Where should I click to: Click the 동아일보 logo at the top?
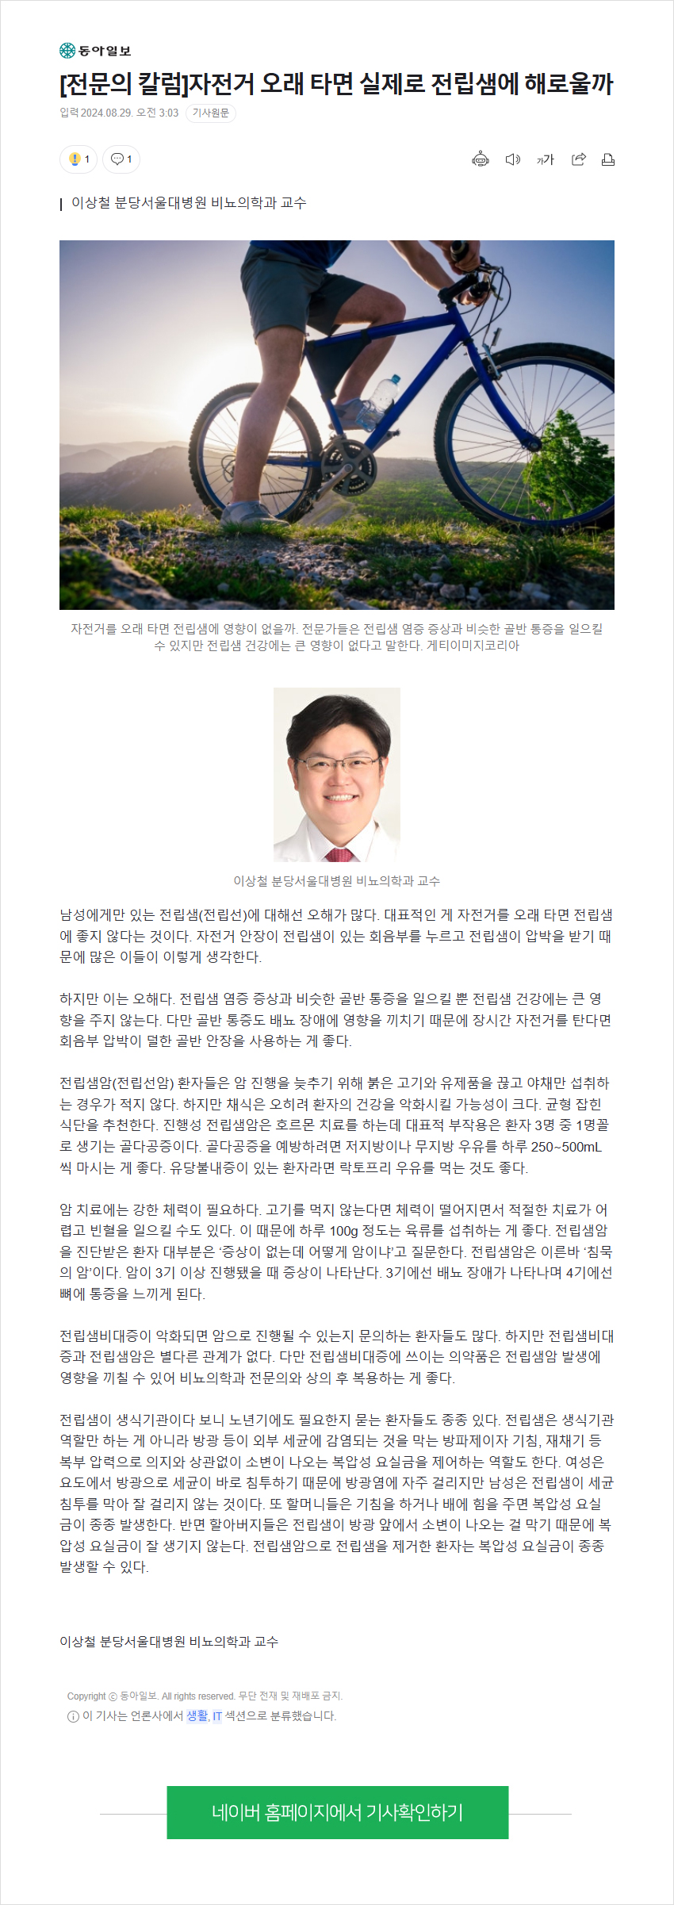tap(95, 51)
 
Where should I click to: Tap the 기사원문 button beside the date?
tap(211, 113)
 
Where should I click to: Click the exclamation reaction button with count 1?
tap(79, 159)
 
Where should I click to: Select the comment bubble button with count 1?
tap(121, 159)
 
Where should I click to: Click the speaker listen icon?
tap(513, 159)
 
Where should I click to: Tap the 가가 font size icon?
tap(545, 159)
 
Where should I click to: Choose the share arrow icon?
tap(579, 159)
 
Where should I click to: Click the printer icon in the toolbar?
tap(608, 159)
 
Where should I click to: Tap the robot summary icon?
tap(481, 159)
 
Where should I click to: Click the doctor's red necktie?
tap(339, 854)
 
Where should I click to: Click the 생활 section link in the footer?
tap(197, 1716)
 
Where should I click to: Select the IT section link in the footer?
tap(217, 1716)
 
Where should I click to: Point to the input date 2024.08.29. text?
tap(106, 113)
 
